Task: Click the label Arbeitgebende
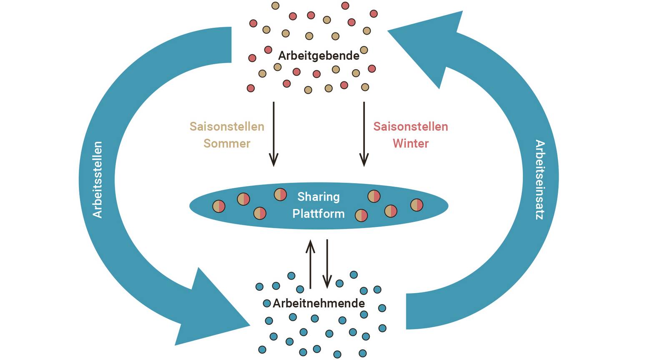(x=318, y=55)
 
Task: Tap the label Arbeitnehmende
(x=318, y=303)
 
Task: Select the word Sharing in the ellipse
(x=318, y=196)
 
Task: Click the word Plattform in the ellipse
(x=318, y=214)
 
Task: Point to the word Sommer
(x=227, y=143)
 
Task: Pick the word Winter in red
(x=411, y=143)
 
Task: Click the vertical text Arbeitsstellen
(x=97, y=180)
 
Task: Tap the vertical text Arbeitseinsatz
(x=540, y=180)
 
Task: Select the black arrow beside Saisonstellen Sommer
(x=273, y=133)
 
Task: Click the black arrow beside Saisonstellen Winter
(x=364, y=133)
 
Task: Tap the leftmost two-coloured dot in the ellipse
(x=219, y=206)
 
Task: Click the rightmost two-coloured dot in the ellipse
(x=417, y=205)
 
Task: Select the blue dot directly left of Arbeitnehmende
(x=267, y=304)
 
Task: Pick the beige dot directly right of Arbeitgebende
(x=364, y=50)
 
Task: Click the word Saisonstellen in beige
(x=227, y=126)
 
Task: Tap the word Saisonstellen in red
(x=411, y=126)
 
